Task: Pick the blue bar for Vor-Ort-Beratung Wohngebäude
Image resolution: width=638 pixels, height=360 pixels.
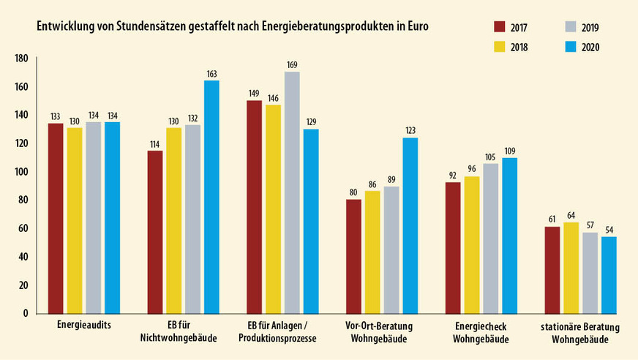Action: (410, 225)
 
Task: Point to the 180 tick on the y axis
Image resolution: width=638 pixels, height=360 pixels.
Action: (21, 59)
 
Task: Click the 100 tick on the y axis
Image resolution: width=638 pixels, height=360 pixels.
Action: (21, 172)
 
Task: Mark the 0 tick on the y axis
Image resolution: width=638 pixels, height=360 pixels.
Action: (25, 313)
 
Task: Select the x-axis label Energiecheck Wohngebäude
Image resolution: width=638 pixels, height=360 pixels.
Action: (481, 331)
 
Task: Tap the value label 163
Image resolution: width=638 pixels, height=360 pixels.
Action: (212, 74)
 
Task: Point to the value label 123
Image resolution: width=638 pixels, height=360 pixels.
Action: (410, 131)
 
